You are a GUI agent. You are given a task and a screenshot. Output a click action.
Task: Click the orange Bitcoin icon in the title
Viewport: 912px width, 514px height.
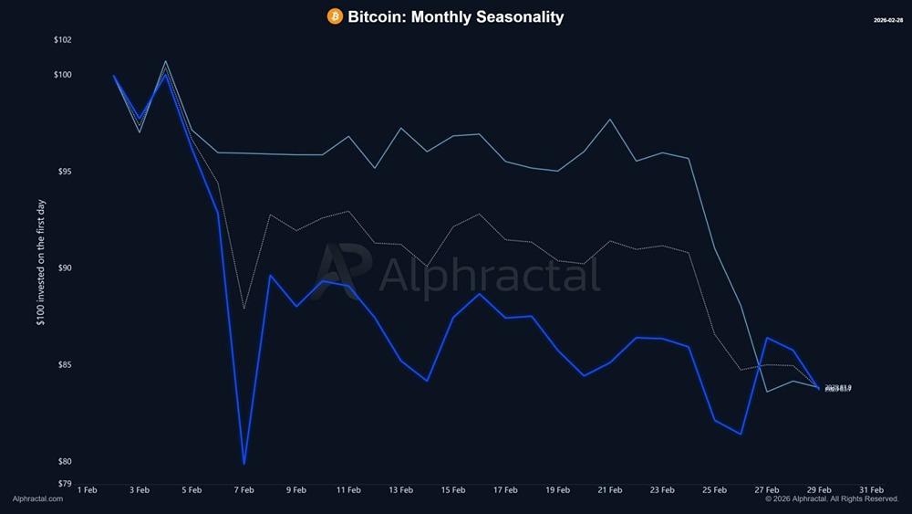point(335,16)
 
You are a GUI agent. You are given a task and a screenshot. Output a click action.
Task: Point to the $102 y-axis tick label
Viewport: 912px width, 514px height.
point(62,40)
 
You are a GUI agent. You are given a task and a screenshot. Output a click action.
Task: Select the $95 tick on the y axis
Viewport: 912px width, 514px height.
point(64,172)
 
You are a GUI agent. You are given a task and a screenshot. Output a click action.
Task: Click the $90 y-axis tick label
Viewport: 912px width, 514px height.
point(64,268)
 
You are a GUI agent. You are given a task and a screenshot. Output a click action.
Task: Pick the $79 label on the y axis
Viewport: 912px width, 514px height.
point(64,483)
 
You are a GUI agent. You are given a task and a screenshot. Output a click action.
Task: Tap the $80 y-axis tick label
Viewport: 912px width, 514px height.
point(64,462)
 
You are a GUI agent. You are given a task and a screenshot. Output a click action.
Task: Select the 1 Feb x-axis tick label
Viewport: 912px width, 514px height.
point(88,489)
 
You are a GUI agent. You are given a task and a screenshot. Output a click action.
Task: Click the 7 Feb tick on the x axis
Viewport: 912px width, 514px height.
point(244,489)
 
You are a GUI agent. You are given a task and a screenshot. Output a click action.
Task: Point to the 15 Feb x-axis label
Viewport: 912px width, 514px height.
point(453,489)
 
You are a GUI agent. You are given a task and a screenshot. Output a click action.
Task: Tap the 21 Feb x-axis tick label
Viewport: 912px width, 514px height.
point(610,489)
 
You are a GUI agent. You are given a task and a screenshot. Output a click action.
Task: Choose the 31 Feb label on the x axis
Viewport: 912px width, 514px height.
point(871,489)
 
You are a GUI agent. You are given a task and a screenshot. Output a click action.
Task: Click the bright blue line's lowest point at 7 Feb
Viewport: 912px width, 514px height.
point(244,464)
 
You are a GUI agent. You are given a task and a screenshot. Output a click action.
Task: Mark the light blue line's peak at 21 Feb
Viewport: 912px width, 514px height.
point(610,120)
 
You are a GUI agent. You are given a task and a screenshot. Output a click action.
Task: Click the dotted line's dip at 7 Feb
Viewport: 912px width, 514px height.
point(244,309)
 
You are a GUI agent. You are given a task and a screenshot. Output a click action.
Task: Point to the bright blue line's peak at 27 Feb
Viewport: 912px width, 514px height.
point(767,338)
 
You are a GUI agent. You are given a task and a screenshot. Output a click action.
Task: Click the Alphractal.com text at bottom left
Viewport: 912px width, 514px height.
point(38,499)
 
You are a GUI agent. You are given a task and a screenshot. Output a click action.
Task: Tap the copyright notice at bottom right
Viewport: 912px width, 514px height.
point(832,499)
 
